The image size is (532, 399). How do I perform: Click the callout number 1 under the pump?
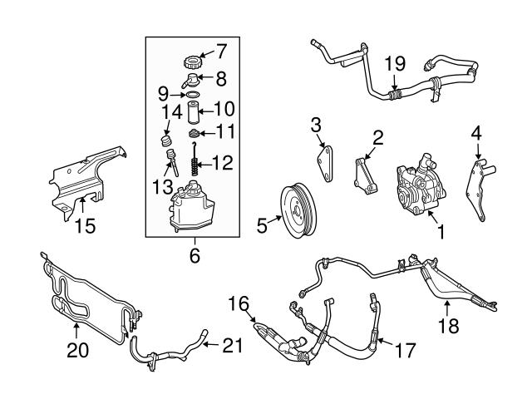click(440, 235)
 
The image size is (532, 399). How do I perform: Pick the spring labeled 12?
click(193, 166)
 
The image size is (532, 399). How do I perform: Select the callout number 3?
click(317, 125)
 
